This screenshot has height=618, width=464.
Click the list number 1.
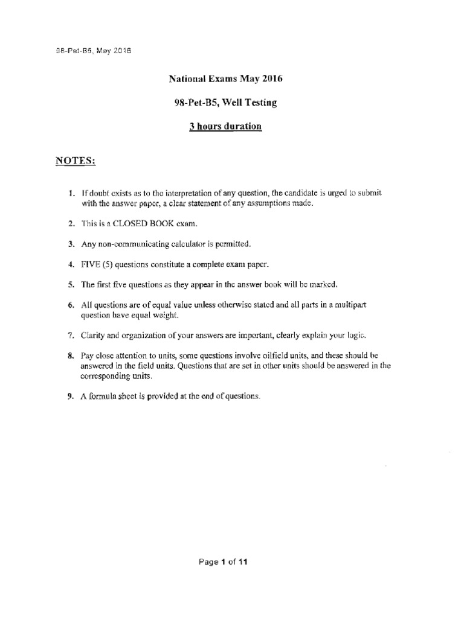[70, 193]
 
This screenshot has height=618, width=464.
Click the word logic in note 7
[357, 334]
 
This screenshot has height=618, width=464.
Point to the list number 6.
[70, 305]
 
